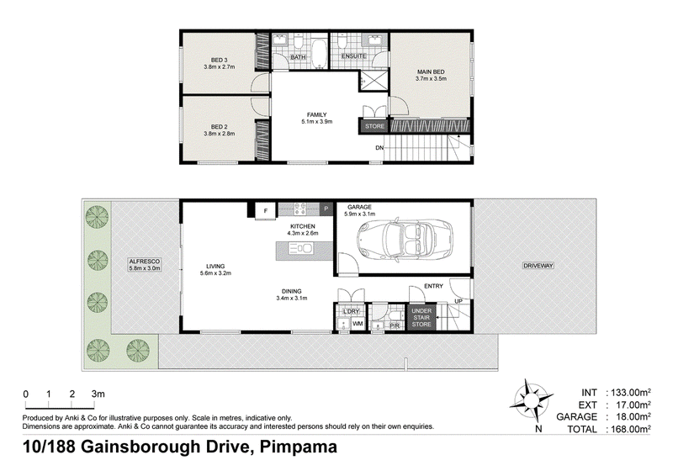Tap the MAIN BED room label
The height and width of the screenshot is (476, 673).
[x=431, y=71]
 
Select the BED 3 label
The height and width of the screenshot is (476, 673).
[x=220, y=60]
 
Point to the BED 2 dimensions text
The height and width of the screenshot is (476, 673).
[x=220, y=134]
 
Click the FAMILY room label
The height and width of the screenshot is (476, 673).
[x=317, y=114]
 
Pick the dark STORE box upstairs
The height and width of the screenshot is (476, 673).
[x=374, y=126]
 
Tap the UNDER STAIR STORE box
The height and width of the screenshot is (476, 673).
[x=421, y=317]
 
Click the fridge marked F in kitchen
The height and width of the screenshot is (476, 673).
[x=266, y=211]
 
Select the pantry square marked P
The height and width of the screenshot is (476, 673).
[x=326, y=209]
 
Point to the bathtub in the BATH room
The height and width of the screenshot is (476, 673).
[x=318, y=54]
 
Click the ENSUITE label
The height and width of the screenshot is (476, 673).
[x=353, y=56]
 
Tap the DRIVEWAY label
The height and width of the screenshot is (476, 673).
[x=538, y=266]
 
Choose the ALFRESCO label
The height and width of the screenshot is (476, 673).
[x=145, y=262]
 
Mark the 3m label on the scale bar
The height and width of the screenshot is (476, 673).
[x=98, y=394]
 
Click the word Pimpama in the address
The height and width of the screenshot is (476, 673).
[x=299, y=447]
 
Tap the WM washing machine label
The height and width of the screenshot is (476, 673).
[x=358, y=324]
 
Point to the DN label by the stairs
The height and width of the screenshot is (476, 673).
[x=379, y=148]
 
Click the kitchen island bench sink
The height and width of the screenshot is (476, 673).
[x=301, y=248]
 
